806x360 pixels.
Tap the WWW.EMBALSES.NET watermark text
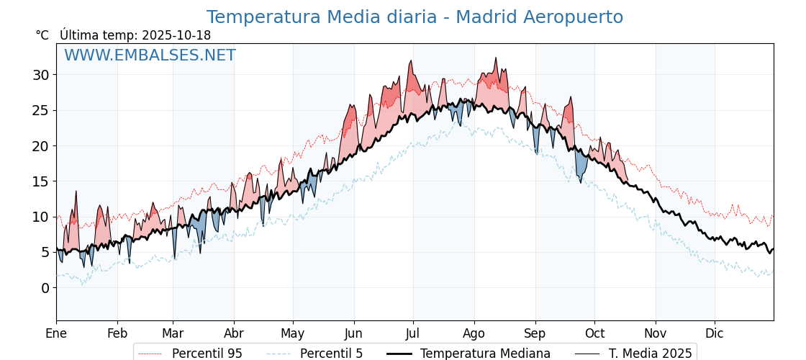[x=150, y=55]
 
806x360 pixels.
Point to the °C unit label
[x=42, y=35]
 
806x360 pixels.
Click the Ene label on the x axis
[x=56, y=333]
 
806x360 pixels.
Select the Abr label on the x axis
[x=234, y=333]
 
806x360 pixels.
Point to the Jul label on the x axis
[x=413, y=333]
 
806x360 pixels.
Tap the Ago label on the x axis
[x=474, y=333]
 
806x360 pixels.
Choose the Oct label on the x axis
[x=594, y=333]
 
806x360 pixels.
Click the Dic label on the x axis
[x=715, y=333]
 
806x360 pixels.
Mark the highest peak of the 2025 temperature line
[x=496, y=58]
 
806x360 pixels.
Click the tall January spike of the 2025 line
[x=76, y=192]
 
